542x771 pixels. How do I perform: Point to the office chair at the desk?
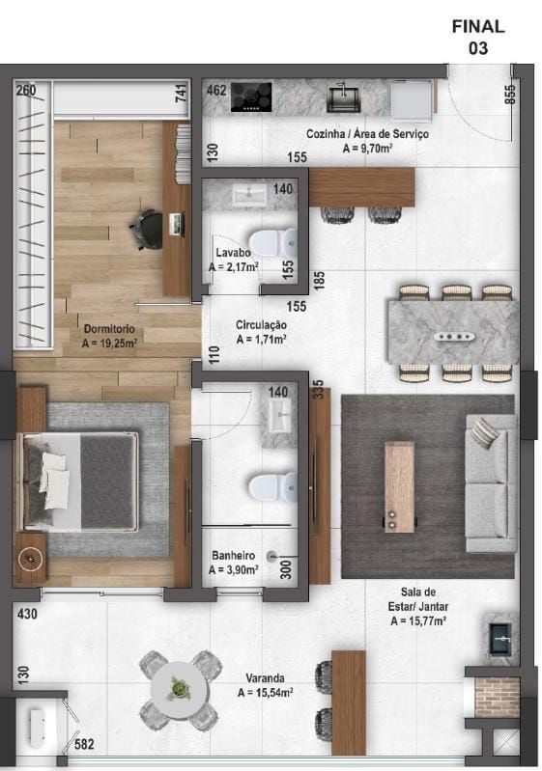[x=147, y=228]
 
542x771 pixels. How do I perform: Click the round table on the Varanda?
[x=179, y=690]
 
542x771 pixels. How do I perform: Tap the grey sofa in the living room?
[x=491, y=482]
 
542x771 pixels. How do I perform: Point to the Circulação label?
[x=261, y=325]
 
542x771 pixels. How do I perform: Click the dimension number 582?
[x=85, y=744]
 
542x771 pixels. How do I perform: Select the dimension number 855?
[x=510, y=93]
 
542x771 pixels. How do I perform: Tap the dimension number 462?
[x=216, y=92]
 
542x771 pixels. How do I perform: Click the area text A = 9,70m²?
[x=367, y=149]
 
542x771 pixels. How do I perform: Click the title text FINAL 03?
[x=477, y=37]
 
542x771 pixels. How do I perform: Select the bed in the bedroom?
[x=82, y=481]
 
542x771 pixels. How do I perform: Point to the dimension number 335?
[x=316, y=389]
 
